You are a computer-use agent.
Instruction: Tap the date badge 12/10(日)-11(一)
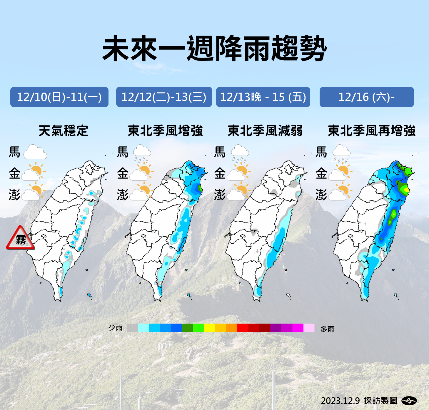pyautogui.click(x=59, y=97)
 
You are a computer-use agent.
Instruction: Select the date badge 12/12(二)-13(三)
pyautogui.click(x=164, y=97)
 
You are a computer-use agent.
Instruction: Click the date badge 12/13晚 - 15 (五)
pyautogui.click(x=263, y=97)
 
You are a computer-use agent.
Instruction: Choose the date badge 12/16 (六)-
pyautogui.click(x=366, y=97)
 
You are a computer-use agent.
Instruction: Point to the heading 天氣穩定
pyautogui.click(x=63, y=131)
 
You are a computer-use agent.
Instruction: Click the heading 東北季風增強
pyautogui.click(x=165, y=131)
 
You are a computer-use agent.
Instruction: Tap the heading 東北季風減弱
pyautogui.click(x=265, y=131)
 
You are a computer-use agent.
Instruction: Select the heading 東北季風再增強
pyautogui.click(x=371, y=131)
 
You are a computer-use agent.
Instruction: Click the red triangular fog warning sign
pyautogui.click(x=21, y=239)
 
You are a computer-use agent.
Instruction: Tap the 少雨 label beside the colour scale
pyautogui.click(x=116, y=328)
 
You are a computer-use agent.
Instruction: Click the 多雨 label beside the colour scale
pyautogui.click(x=327, y=329)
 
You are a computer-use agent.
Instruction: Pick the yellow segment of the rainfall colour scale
pyautogui.click(x=209, y=328)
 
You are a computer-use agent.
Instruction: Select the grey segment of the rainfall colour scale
pyautogui.click(x=132, y=328)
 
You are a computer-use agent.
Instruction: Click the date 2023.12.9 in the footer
pyautogui.click(x=340, y=401)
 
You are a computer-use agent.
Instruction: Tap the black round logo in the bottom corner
pyautogui.click(x=409, y=401)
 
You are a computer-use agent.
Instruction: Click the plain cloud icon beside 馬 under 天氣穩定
pyautogui.click(x=35, y=152)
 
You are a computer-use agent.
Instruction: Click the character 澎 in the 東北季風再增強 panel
pyautogui.click(x=321, y=195)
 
